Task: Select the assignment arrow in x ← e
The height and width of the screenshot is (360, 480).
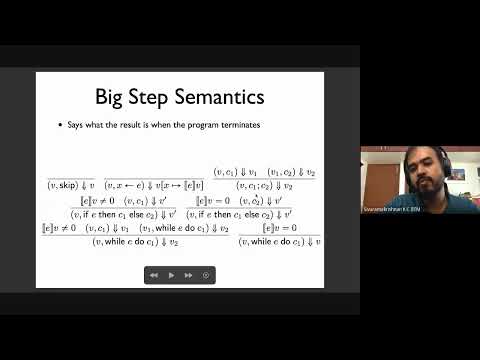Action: coord(136,185)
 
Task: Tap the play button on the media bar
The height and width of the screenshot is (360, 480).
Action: coord(171,274)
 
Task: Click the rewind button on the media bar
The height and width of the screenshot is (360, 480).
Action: coord(154,274)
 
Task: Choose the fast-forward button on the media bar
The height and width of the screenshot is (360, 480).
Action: coord(188,274)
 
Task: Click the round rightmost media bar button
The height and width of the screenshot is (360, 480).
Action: coord(205,274)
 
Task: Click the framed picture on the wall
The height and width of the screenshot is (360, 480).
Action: coord(457,173)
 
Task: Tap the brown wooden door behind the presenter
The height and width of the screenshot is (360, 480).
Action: coord(379,180)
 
